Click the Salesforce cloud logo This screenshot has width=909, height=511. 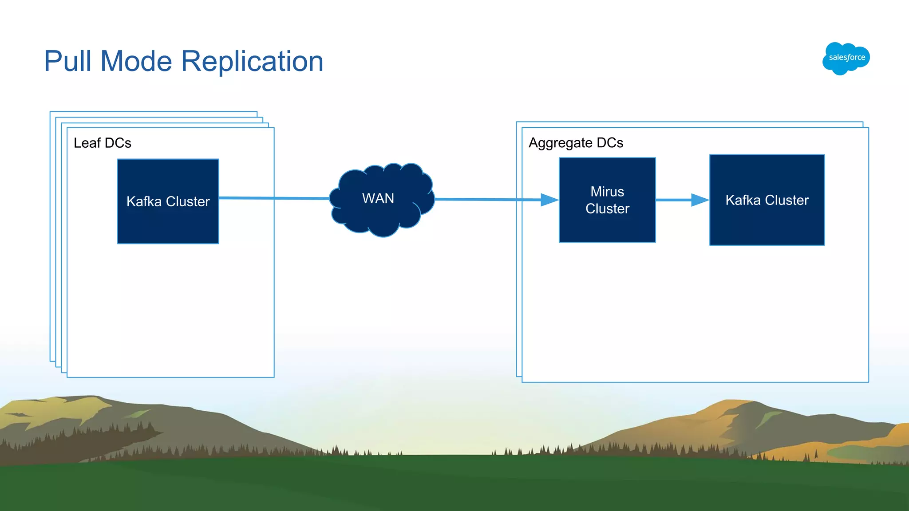[846, 58]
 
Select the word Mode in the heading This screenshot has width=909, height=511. [136, 61]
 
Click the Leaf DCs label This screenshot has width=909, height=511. [102, 143]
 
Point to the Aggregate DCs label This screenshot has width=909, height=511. [576, 143]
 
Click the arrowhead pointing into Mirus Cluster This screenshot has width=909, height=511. [549, 200]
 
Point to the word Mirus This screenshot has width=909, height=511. [607, 192]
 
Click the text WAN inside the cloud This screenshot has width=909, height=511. [378, 198]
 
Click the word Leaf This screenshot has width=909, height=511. [87, 143]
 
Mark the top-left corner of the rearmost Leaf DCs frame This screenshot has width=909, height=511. [50, 112]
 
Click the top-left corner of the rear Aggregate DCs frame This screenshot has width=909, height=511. [517, 122]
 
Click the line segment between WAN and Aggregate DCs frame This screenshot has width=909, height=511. [475, 200]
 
